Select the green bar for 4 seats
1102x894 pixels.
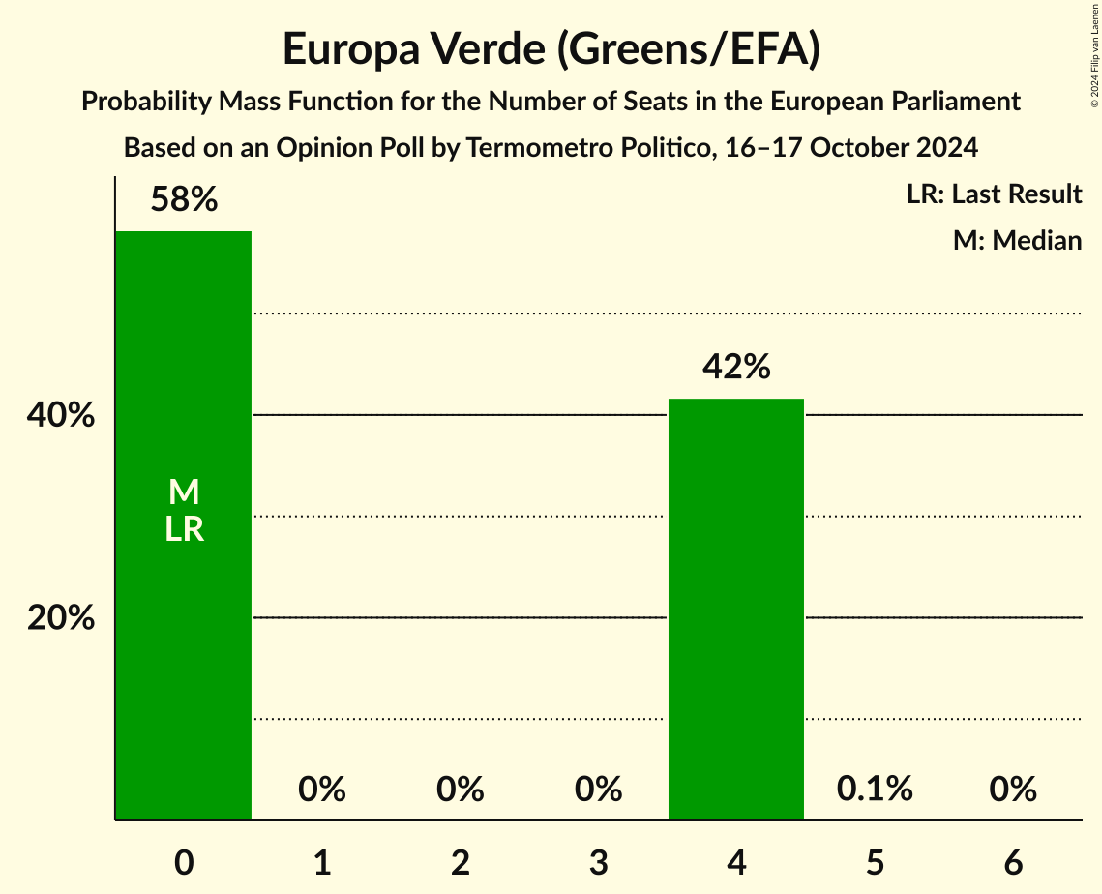(x=736, y=610)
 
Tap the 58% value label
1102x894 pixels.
(x=184, y=200)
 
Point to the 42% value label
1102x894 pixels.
(x=736, y=368)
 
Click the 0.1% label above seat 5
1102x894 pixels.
(x=875, y=790)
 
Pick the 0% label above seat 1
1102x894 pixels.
(x=322, y=790)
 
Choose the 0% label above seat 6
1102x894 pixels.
(x=1013, y=790)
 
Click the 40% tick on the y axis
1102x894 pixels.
(x=61, y=416)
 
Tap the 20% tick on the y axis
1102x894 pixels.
(x=61, y=618)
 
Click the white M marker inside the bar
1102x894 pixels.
(x=184, y=492)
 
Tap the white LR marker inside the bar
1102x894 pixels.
(x=184, y=529)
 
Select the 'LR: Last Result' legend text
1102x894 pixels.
(x=994, y=194)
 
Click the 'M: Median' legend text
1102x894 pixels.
(x=1017, y=240)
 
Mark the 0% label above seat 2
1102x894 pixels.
(x=461, y=790)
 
